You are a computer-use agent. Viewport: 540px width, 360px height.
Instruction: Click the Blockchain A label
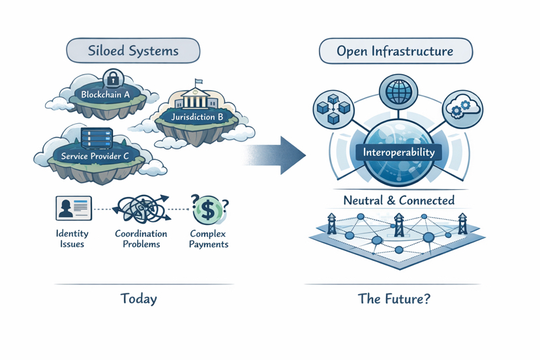click(105, 95)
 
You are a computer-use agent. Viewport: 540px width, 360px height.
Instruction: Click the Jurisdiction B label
click(197, 117)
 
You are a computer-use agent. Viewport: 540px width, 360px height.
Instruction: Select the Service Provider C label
click(95, 157)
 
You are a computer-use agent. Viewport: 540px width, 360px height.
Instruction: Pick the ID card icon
click(73, 209)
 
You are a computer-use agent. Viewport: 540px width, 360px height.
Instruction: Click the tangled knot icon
click(142, 209)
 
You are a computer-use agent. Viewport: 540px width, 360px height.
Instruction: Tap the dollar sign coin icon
click(208, 209)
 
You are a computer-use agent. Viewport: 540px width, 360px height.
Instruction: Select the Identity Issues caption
click(72, 239)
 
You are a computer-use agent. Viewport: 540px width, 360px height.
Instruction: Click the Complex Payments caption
click(208, 239)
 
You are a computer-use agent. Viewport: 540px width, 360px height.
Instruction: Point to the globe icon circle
click(398, 92)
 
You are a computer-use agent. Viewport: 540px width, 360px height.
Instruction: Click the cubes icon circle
click(333, 108)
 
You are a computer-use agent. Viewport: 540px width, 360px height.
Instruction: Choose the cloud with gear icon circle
click(462, 108)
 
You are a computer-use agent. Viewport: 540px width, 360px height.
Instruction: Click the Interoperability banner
click(398, 153)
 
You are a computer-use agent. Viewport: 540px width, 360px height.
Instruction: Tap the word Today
click(138, 299)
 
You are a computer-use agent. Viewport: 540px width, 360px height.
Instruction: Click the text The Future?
click(394, 299)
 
